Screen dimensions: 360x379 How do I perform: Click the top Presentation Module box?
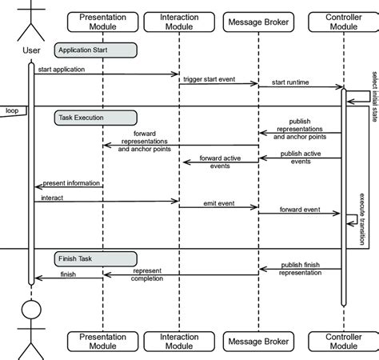point(102,22)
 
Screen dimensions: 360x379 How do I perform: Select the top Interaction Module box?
point(180,22)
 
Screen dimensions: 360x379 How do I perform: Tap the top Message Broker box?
point(258,22)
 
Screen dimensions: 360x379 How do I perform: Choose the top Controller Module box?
point(343,22)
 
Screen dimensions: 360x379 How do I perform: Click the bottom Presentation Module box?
point(102,342)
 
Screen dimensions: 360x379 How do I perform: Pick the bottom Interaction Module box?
point(180,342)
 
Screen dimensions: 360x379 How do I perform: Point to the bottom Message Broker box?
point(258,342)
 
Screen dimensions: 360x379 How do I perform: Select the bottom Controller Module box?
point(343,342)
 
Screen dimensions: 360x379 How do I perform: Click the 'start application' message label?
point(73,70)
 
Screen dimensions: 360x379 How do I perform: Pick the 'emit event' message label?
point(216,205)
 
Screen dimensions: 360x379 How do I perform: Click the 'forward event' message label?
point(300,210)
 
